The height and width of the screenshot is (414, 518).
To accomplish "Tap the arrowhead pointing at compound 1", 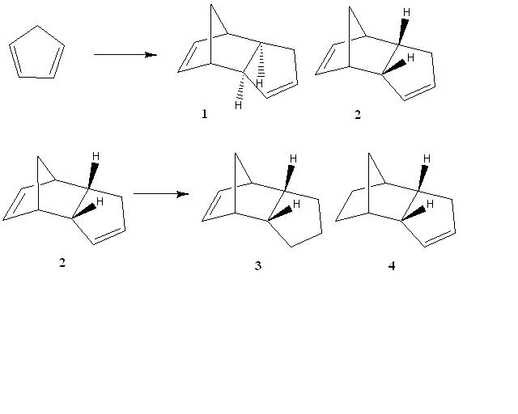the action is click(x=151, y=54).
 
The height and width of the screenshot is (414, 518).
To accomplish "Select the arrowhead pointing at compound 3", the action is click(x=183, y=194).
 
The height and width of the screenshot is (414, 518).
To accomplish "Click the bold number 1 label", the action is click(x=205, y=114).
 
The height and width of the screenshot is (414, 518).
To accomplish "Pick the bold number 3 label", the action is click(x=258, y=265).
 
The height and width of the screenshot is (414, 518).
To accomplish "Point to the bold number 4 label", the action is click(x=392, y=265).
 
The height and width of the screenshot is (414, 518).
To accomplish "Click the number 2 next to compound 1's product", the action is click(x=358, y=115).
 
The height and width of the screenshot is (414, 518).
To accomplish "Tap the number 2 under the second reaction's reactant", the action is click(x=62, y=263).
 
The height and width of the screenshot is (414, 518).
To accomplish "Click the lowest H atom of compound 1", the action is click(x=238, y=105).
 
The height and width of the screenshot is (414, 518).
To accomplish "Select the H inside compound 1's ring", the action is click(x=259, y=83).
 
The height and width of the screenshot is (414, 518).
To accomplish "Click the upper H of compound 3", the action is click(x=293, y=158).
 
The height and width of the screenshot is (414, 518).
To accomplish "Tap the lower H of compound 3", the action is click(x=296, y=204).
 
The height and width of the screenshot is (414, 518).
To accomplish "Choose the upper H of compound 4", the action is click(x=427, y=158).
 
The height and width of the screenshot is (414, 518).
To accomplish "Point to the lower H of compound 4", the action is click(x=430, y=204).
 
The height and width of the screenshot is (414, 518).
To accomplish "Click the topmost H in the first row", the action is click(x=406, y=13).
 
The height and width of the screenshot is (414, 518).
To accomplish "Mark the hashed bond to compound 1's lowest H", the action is click(x=241, y=85).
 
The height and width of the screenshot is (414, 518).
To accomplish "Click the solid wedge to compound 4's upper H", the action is click(x=422, y=178).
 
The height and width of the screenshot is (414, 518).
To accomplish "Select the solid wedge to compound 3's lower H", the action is click(x=280, y=213).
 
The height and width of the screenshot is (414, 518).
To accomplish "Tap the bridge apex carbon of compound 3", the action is click(x=236, y=153).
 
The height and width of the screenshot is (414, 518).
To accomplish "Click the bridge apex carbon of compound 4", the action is click(x=369, y=153).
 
